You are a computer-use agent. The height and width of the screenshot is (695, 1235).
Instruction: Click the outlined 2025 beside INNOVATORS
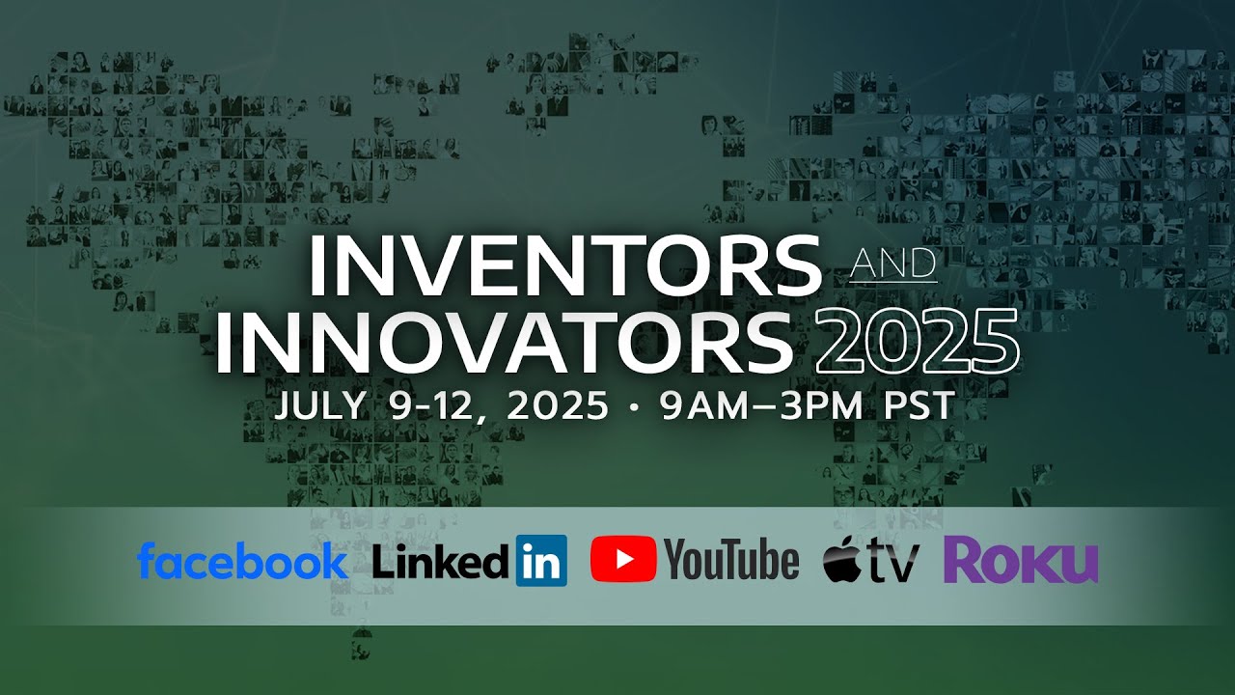(x=917, y=343)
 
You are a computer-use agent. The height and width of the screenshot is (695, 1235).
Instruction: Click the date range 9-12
(x=440, y=406)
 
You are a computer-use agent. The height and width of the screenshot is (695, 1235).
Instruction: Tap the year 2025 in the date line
(x=558, y=406)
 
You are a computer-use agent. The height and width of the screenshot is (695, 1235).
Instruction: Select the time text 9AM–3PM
(x=764, y=406)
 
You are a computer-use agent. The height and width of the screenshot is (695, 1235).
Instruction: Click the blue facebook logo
(x=242, y=561)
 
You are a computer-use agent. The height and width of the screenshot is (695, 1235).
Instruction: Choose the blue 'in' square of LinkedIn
(x=541, y=561)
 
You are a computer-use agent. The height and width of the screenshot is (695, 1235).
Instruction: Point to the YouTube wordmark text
(x=732, y=561)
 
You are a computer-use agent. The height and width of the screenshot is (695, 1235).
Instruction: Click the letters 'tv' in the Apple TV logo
(x=892, y=563)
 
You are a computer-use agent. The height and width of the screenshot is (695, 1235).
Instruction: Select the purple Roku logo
(x=1021, y=561)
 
